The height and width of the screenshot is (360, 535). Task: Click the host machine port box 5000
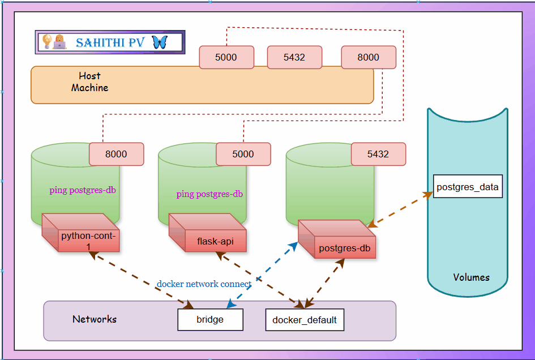coord(226,57)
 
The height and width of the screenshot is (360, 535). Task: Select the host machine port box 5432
coord(294,57)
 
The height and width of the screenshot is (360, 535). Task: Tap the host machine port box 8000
coord(368,57)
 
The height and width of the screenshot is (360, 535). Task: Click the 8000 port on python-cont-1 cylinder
coord(116,154)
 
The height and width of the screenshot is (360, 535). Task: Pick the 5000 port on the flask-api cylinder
coord(243,154)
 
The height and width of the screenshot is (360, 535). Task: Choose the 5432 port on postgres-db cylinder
coord(378,154)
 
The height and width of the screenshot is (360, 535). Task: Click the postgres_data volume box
coord(468,187)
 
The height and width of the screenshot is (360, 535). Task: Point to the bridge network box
coord(210,320)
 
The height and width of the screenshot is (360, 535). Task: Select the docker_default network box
coord(305,320)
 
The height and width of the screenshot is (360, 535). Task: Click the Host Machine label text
coord(89,82)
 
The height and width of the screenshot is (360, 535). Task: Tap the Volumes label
coord(471,277)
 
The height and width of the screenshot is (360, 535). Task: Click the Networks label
coord(95,319)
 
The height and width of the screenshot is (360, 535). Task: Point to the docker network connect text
coord(204,284)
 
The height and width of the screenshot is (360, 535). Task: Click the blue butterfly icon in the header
coord(160,42)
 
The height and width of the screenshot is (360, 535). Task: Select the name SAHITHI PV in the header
coord(110,42)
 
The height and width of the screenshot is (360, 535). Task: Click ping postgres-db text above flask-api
coord(209,194)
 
